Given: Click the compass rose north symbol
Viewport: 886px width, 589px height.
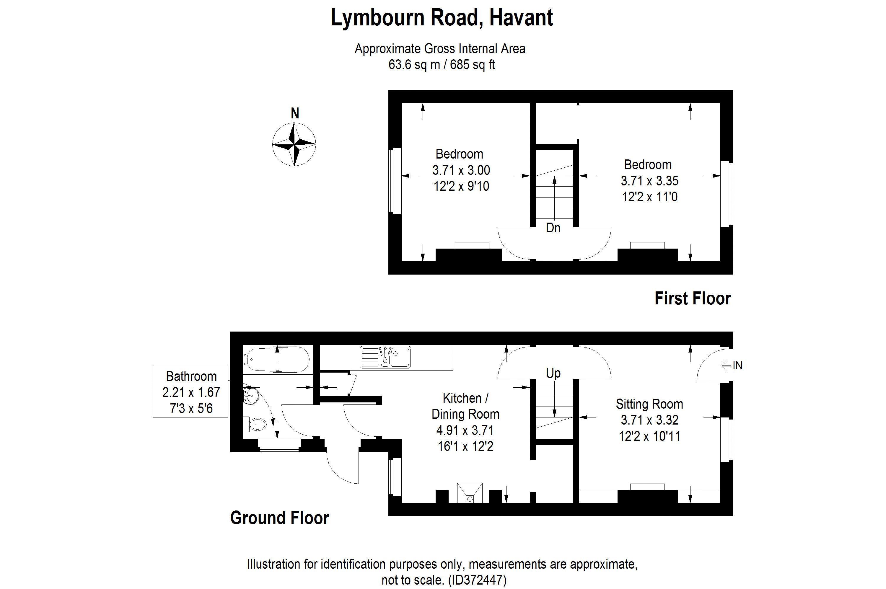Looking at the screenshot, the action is pos(294,144).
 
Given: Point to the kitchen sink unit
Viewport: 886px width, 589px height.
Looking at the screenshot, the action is pos(385,357).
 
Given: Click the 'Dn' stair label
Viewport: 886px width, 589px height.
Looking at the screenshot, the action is pos(553,228).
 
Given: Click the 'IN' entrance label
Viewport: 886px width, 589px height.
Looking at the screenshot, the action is pos(737,366).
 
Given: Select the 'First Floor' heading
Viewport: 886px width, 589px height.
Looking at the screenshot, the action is pos(693,298).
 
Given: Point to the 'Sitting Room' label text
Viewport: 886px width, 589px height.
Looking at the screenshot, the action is pos(649,404).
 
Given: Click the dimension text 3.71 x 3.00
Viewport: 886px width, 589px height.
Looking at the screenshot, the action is pos(461,170).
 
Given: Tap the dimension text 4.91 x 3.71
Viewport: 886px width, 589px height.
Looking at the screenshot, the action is pos(465,430).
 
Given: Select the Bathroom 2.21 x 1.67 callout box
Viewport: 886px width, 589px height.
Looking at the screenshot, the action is pos(190,391).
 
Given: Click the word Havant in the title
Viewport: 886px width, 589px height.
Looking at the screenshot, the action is pos(521,18).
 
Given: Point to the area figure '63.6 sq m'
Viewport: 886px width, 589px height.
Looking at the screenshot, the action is pos(414,65).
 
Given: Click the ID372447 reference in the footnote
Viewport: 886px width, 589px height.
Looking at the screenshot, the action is pos(477,580).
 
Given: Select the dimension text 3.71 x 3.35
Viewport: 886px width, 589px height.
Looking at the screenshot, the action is pos(649,181).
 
